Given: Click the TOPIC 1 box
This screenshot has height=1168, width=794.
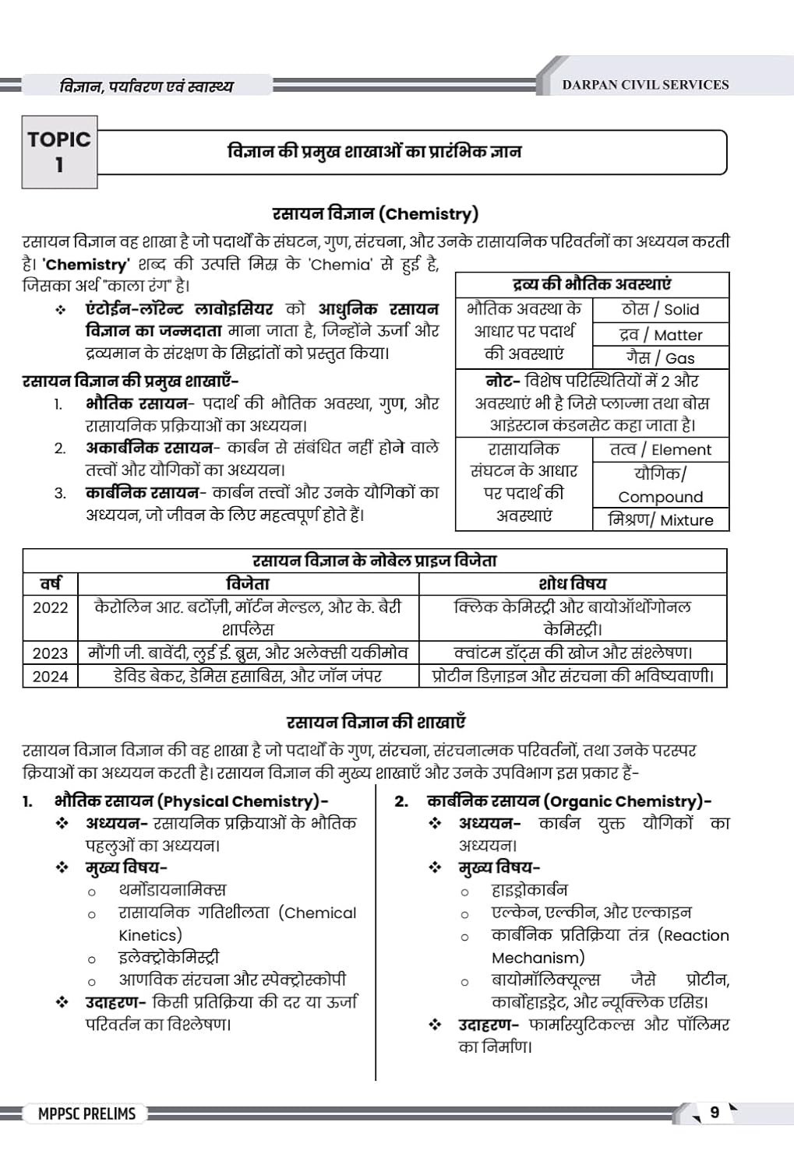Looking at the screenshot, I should pyautogui.click(x=59, y=152).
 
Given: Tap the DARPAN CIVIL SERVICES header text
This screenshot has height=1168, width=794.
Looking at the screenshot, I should pyautogui.click(x=645, y=85).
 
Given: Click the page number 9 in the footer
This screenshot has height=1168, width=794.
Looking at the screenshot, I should pyautogui.click(x=715, y=1112).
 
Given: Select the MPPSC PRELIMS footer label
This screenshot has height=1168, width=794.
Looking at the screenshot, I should pyautogui.click(x=86, y=1113).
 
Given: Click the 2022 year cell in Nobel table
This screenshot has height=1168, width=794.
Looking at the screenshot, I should pyautogui.click(x=51, y=607).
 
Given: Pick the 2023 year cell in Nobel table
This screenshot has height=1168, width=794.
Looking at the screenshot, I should pyautogui.click(x=51, y=653).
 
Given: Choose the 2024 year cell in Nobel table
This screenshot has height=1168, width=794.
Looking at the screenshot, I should pyautogui.click(x=51, y=677).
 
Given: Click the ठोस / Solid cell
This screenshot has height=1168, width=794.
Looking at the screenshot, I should pyautogui.click(x=660, y=309).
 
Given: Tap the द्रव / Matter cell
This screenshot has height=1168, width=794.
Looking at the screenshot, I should pyautogui.click(x=660, y=335).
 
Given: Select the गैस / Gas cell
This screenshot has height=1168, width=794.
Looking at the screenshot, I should pyautogui.click(x=660, y=358).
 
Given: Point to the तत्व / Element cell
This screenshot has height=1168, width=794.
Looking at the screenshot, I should pyautogui.click(x=660, y=449).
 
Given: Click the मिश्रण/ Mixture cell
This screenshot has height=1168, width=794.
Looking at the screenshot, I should pyautogui.click(x=660, y=519).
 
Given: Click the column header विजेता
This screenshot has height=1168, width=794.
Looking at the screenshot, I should pyautogui.click(x=248, y=583).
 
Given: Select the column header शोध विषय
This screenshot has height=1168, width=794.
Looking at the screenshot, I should pyautogui.click(x=572, y=583).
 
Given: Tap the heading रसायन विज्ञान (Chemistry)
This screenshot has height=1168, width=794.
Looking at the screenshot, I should pyautogui.click(x=375, y=213).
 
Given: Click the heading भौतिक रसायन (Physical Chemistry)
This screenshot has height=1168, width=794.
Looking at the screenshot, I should pyautogui.click(x=191, y=800).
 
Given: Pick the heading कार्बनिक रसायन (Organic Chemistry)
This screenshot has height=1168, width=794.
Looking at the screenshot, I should pyautogui.click(x=569, y=800).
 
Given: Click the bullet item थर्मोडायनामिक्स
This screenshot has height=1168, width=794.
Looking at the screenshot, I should pyautogui.click(x=172, y=889).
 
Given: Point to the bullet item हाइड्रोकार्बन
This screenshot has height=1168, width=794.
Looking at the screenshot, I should pyautogui.click(x=529, y=889).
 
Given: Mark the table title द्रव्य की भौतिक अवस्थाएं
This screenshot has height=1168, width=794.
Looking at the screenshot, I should pyautogui.click(x=591, y=284).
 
